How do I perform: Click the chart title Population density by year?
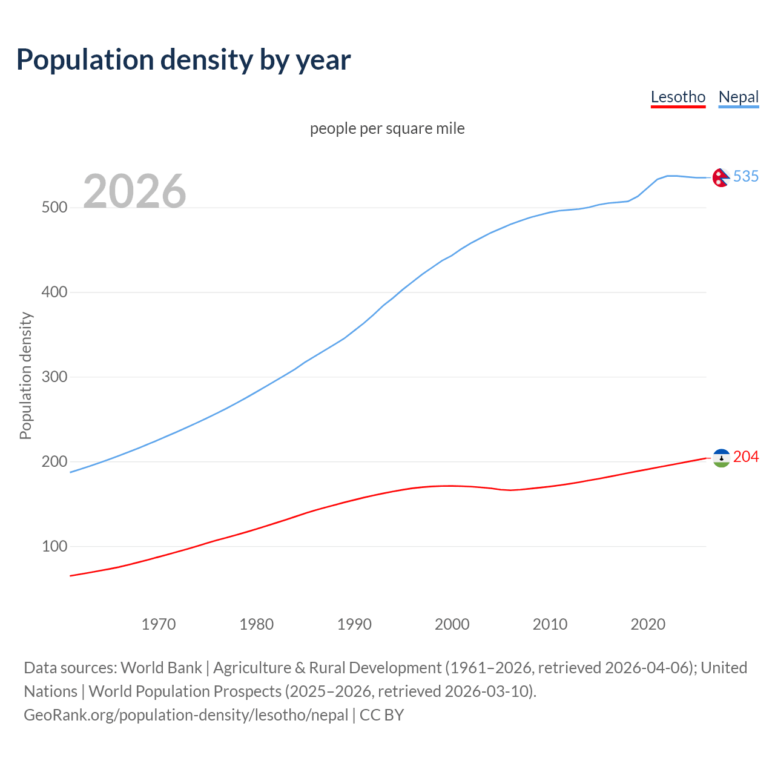[x=183, y=60]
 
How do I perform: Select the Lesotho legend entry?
[x=678, y=97]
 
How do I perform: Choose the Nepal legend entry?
[x=738, y=97]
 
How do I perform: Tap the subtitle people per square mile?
[x=387, y=128]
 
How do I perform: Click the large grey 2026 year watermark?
[x=134, y=191]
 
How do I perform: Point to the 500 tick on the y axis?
[x=54, y=208]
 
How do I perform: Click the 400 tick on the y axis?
[x=54, y=292]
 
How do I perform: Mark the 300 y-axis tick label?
[x=54, y=377]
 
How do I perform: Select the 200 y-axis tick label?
[x=54, y=462]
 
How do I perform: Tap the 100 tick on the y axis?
[x=54, y=547]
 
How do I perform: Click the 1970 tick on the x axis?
[x=159, y=624]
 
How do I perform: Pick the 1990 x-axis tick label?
[x=354, y=624]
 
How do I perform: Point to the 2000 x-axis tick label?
[x=452, y=624]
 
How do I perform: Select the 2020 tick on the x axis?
[x=648, y=624]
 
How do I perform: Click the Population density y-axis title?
[x=25, y=375]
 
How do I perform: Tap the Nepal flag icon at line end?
[x=721, y=177]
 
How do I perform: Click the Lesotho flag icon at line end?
[x=721, y=458]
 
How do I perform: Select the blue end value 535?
[x=745, y=176]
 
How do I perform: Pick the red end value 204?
[x=745, y=457]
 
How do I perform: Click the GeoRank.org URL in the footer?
[x=186, y=715]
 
